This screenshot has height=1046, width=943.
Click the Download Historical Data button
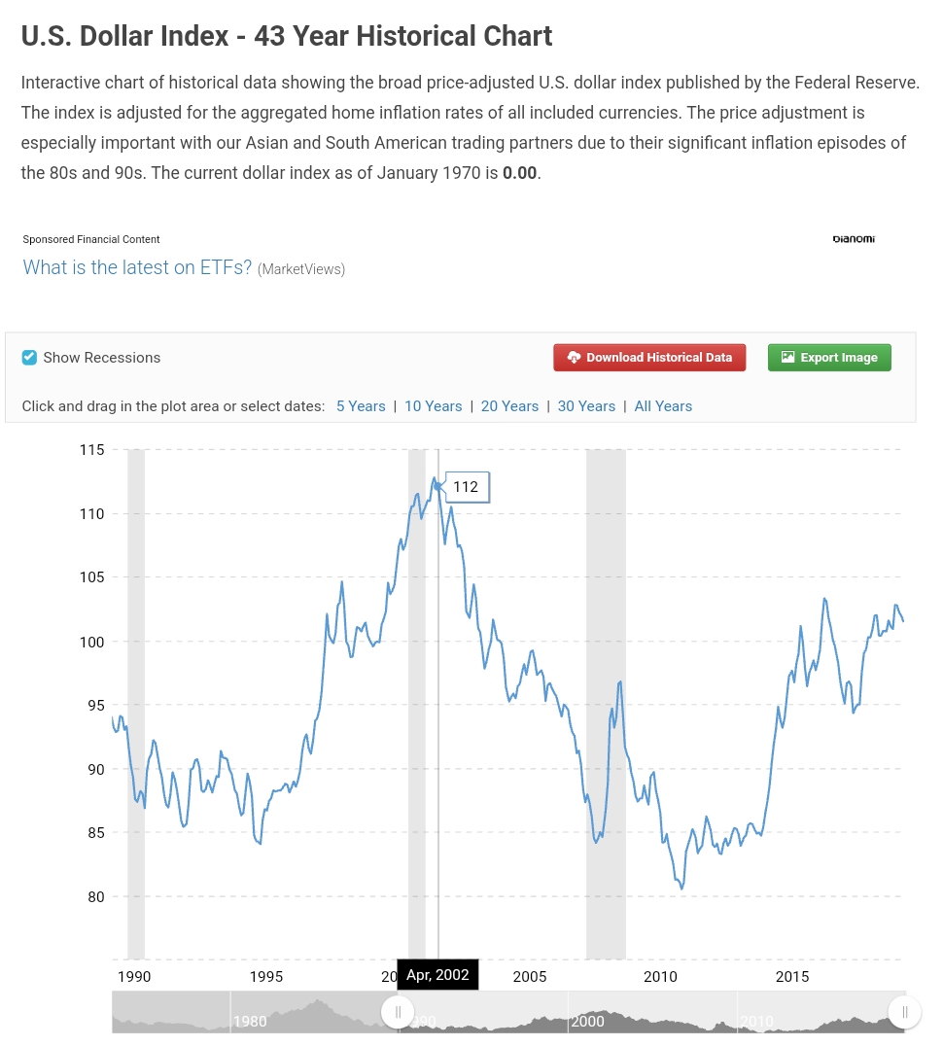coord(649,358)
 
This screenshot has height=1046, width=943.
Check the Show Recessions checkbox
coord(29,358)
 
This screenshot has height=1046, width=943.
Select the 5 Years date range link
coord(361,406)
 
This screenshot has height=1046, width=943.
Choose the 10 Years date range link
coord(433,406)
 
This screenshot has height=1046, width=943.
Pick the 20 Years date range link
coord(509,406)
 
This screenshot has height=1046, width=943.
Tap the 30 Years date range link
coord(586,406)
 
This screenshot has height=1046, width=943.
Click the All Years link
coord(663,406)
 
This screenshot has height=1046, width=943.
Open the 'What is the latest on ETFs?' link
coord(137,267)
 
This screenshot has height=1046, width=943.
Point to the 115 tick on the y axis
coord(91,449)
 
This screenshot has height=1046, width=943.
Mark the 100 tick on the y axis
coord(91,642)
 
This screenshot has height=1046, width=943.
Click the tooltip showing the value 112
coord(467,487)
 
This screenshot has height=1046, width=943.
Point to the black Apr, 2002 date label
coord(437,975)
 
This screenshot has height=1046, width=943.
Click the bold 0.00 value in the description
coord(519,174)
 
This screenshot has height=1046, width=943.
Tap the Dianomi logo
coord(854,239)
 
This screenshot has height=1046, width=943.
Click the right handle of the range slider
coord(904,1012)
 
